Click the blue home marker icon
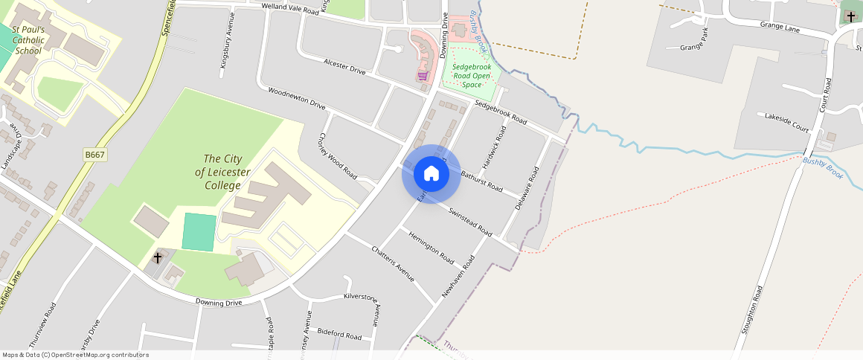click(x=431, y=174)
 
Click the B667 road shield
click(x=94, y=154)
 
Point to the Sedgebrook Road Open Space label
click(x=472, y=75)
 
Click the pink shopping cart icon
click(x=423, y=76)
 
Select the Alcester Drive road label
click(x=345, y=65)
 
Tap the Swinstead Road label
click(x=470, y=221)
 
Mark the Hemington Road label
click(x=431, y=248)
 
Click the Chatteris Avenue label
click(x=392, y=263)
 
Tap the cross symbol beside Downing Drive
click(x=158, y=258)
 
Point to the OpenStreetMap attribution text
click(x=75, y=355)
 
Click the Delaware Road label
click(x=526, y=188)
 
